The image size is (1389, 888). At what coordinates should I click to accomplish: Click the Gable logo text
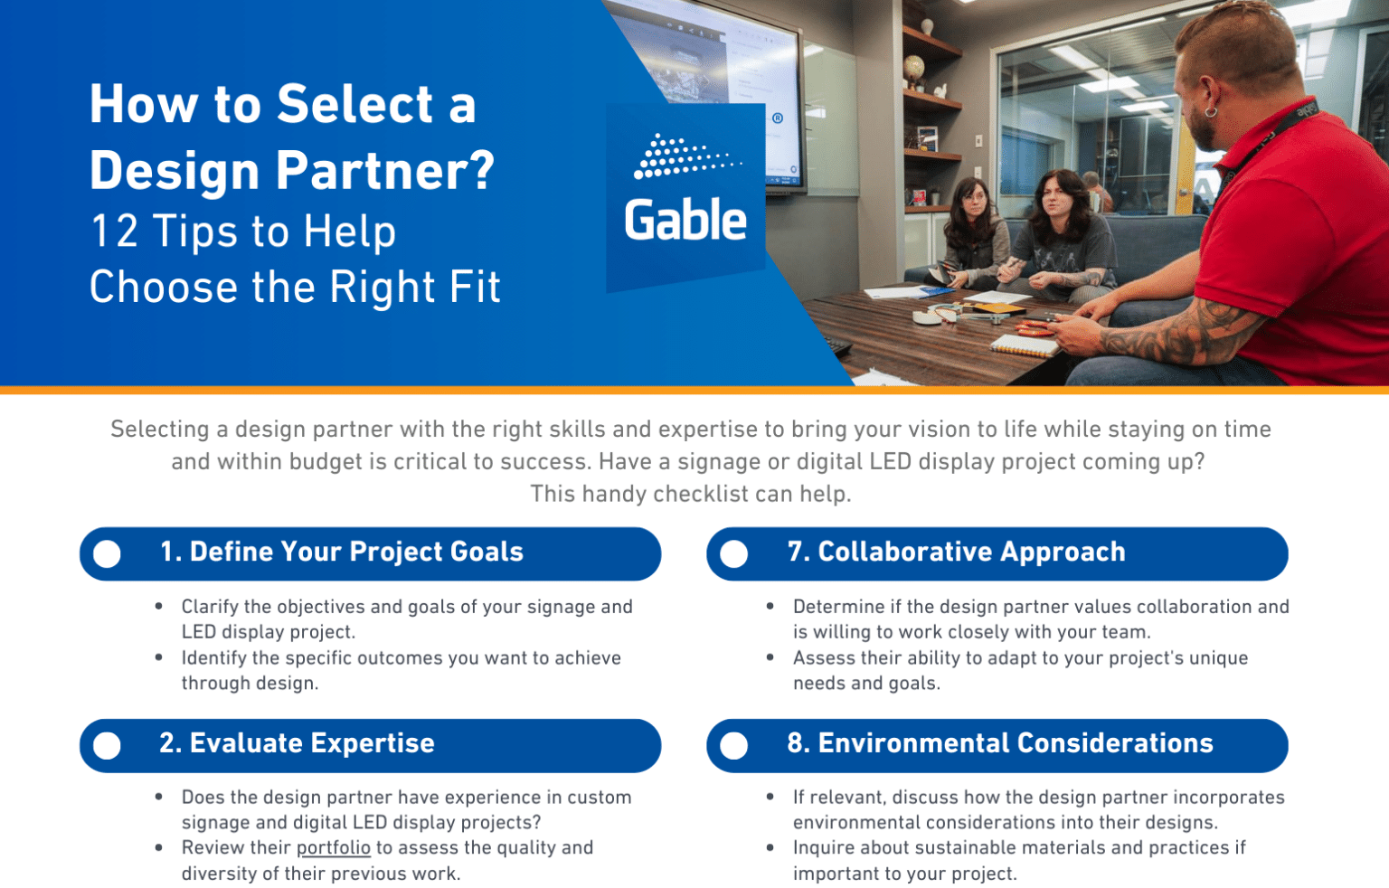[x=685, y=221]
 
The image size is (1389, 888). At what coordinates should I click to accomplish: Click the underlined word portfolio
[x=334, y=848]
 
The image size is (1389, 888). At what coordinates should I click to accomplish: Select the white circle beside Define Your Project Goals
[x=107, y=553]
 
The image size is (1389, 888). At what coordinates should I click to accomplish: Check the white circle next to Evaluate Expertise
[x=107, y=745]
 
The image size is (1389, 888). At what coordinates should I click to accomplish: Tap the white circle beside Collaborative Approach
[x=734, y=553]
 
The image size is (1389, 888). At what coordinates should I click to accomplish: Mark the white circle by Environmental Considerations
[x=734, y=745]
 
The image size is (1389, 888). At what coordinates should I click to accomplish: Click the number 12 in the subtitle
[x=115, y=231]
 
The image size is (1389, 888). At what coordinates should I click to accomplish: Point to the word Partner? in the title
[x=384, y=171]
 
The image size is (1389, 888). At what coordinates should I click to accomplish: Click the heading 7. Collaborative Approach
[x=956, y=552]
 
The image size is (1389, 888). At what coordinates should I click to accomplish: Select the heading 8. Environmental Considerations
[x=999, y=743]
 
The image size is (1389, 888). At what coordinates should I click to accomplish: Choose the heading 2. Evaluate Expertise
[x=297, y=743]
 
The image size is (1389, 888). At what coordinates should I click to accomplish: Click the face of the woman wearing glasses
[x=971, y=199]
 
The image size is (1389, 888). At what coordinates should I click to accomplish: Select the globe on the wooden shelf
[x=914, y=68]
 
